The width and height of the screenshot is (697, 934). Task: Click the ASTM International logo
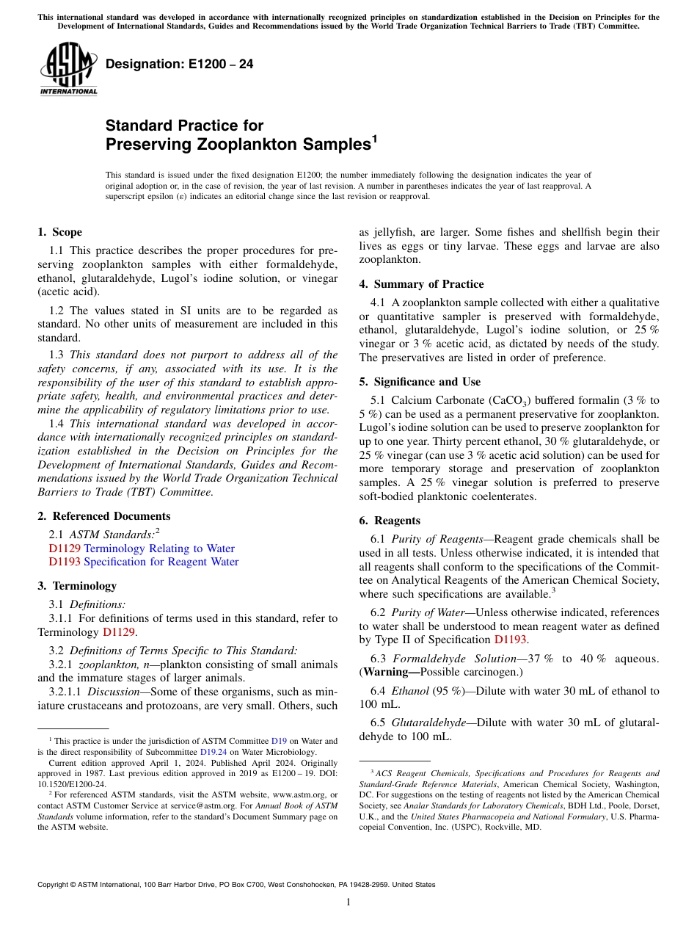coord(68,69)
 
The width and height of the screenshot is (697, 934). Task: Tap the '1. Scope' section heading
coord(59,232)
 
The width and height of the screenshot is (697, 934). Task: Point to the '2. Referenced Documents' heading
coord(103,516)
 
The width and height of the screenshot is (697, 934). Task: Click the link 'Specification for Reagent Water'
coord(161,562)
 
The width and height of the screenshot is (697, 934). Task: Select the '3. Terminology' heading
coord(76,586)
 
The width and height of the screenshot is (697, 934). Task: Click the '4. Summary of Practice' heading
coord(421,284)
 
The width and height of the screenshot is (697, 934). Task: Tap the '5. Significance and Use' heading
coord(420,382)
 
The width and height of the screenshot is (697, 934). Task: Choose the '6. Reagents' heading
coord(389,521)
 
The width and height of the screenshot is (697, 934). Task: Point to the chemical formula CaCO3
coord(510,400)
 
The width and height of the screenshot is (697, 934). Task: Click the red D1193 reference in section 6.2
coord(510,640)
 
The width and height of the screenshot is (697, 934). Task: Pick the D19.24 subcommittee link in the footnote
coord(211,752)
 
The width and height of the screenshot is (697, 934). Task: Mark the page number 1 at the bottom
coord(348,902)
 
